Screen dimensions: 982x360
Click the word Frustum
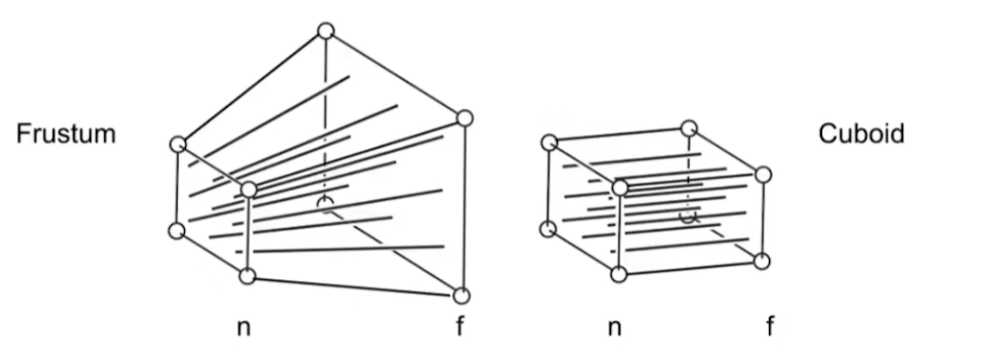[x=66, y=134]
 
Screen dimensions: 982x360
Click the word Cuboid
[x=861, y=134]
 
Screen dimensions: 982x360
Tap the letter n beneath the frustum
[x=245, y=328]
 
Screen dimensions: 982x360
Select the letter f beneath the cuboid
[x=769, y=328]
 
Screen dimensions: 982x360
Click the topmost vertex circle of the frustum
[x=325, y=31]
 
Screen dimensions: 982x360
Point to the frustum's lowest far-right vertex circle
[x=462, y=296]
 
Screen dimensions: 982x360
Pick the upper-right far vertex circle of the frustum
[x=465, y=119]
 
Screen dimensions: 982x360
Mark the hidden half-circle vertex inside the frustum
[x=324, y=203]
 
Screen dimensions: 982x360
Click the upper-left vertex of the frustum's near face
[x=179, y=144]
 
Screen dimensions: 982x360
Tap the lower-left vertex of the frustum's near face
[x=178, y=230]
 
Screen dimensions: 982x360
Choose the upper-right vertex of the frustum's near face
[x=248, y=190]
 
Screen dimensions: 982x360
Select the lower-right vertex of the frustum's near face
[x=246, y=275]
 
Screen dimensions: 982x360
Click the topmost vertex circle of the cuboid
[x=688, y=127]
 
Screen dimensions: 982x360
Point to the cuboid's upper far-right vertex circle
[x=763, y=174]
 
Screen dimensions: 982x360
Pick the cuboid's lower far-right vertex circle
[x=762, y=260]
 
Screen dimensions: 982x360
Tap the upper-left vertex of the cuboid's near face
[x=549, y=142]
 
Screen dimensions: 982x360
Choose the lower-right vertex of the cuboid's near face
[x=618, y=274]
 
